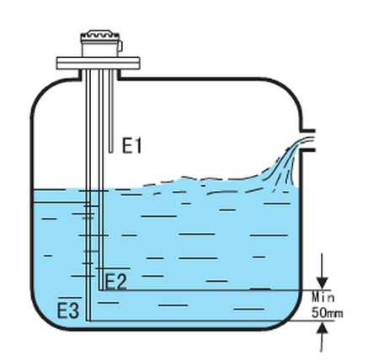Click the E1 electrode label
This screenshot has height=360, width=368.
point(131,146)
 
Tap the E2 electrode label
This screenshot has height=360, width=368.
point(115,282)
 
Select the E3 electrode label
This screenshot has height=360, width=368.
point(68,310)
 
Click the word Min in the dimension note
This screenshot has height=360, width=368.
point(323,297)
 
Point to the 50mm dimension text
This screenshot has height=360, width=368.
point(328,313)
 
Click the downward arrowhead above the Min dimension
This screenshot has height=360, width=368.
point(322,283)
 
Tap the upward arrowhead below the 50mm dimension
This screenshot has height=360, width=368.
point(322,328)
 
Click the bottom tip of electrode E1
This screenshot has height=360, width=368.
point(111,152)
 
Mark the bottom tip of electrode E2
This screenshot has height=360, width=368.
point(101,289)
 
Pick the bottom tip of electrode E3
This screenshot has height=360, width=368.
point(88,320)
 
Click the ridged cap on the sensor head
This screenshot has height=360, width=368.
point(100,35)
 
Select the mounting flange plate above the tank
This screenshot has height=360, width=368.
point(98,63)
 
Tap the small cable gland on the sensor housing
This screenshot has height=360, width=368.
point(120,46)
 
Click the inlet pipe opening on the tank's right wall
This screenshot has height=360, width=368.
point(307,140)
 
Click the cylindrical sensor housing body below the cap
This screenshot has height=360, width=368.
point(99,49)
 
